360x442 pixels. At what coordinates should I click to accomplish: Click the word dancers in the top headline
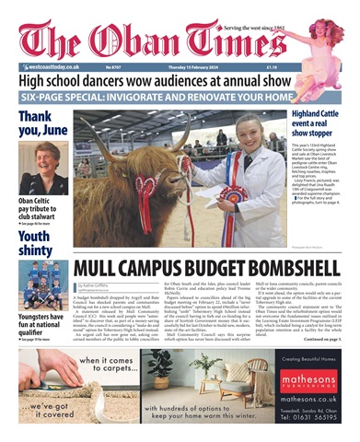click(x=124, y=80)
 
